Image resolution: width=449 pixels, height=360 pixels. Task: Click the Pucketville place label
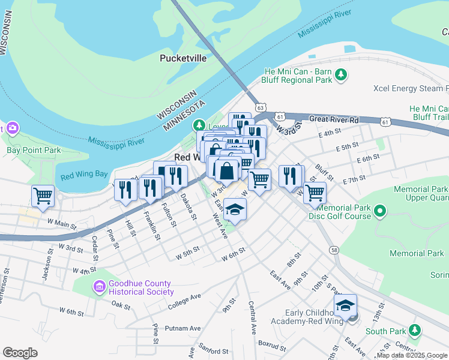(x=183, y=58)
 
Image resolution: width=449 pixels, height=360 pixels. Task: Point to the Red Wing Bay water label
(x=84, y=175)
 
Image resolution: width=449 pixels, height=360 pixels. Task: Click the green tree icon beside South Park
(x=414, y=331)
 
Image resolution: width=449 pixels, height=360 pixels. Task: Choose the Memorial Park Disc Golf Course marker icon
(x=379, y=211)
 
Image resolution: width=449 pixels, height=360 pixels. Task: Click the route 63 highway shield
(x=260, y=107)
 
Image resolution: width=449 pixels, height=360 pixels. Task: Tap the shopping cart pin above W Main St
(x=43, y=195)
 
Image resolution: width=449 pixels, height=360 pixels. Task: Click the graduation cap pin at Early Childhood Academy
(x=345, y=305)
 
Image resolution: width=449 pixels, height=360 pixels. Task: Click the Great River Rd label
(x=334, y=119)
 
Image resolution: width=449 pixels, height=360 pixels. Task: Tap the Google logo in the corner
(x=20, y=352)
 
